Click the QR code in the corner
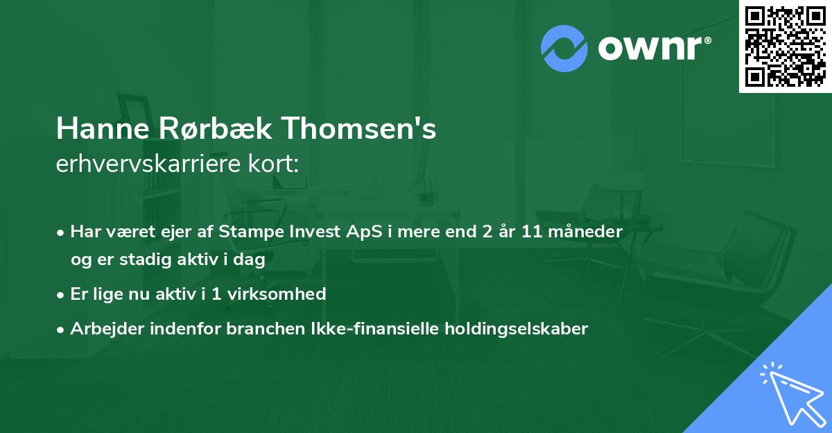[786, 46]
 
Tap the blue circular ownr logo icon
[564, 49]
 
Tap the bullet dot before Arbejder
[62, 330]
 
